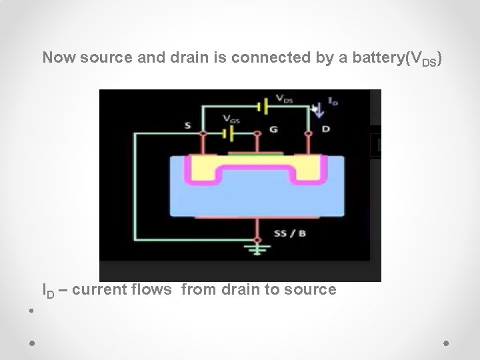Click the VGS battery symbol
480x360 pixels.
coord(229,133)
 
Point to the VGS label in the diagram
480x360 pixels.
coord(231,119)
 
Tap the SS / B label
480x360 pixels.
coord(290,233)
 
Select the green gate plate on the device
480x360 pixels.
coord(255,154)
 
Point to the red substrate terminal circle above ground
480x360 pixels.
coord(257,239)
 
